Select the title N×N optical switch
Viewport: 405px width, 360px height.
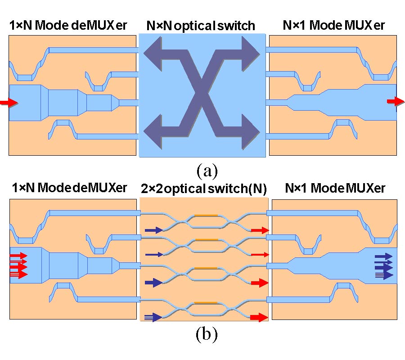pos(201,26)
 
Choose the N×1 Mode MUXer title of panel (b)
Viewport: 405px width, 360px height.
pos(335,189)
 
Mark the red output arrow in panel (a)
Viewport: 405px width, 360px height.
pos(395,102)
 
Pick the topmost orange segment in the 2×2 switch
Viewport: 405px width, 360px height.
pos(206,215)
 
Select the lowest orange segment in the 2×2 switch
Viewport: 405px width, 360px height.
pos(206,303)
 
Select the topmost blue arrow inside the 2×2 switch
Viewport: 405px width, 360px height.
pos(154,230)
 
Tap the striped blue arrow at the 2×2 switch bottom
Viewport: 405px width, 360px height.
pos(153,318)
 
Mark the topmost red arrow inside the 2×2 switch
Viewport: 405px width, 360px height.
pos(260,230)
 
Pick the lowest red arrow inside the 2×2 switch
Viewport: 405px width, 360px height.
pos(259,318)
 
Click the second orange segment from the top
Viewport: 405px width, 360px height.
pos(206,240)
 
